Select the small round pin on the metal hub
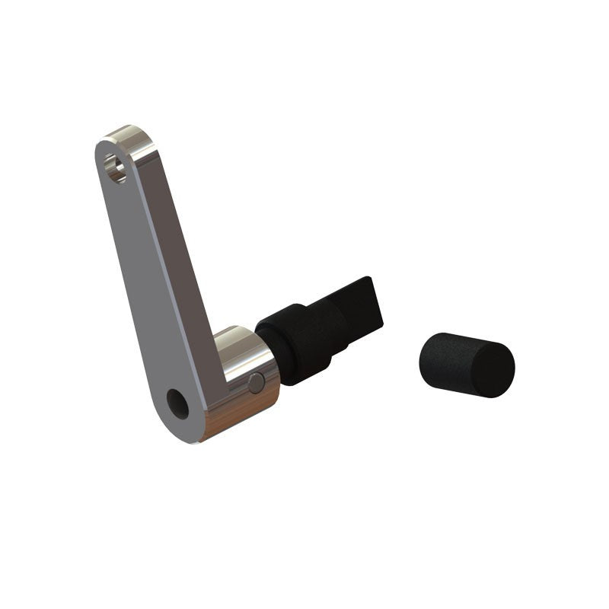(x=257, y=383)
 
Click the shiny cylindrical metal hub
(x=244, y=381)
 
